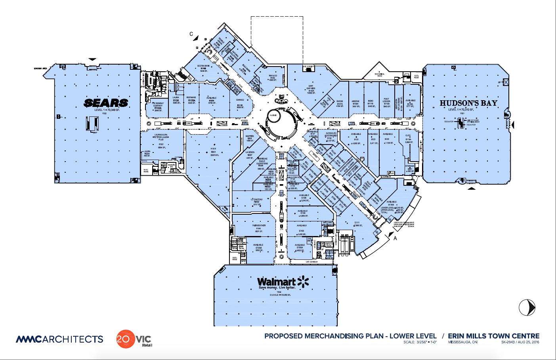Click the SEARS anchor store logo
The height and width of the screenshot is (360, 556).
[x=106, y=103]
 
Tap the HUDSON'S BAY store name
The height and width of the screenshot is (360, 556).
[x=468, y=103]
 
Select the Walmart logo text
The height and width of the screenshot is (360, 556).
[x=276, y=282]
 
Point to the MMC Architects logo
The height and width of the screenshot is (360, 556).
[x=59, y=339]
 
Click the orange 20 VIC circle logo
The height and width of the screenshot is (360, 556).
[x=125, y=339]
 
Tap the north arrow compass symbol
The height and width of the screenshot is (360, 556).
[x=527, y=308]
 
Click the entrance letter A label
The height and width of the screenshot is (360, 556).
[x=395, y=238]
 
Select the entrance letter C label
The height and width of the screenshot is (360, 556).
[x=191, y=34]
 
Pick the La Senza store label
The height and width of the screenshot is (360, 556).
[x=250, y=152]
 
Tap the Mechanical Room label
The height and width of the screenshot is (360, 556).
[x=379, y=74]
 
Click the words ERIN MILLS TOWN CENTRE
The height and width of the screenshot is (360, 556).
[x=493, y=336]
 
